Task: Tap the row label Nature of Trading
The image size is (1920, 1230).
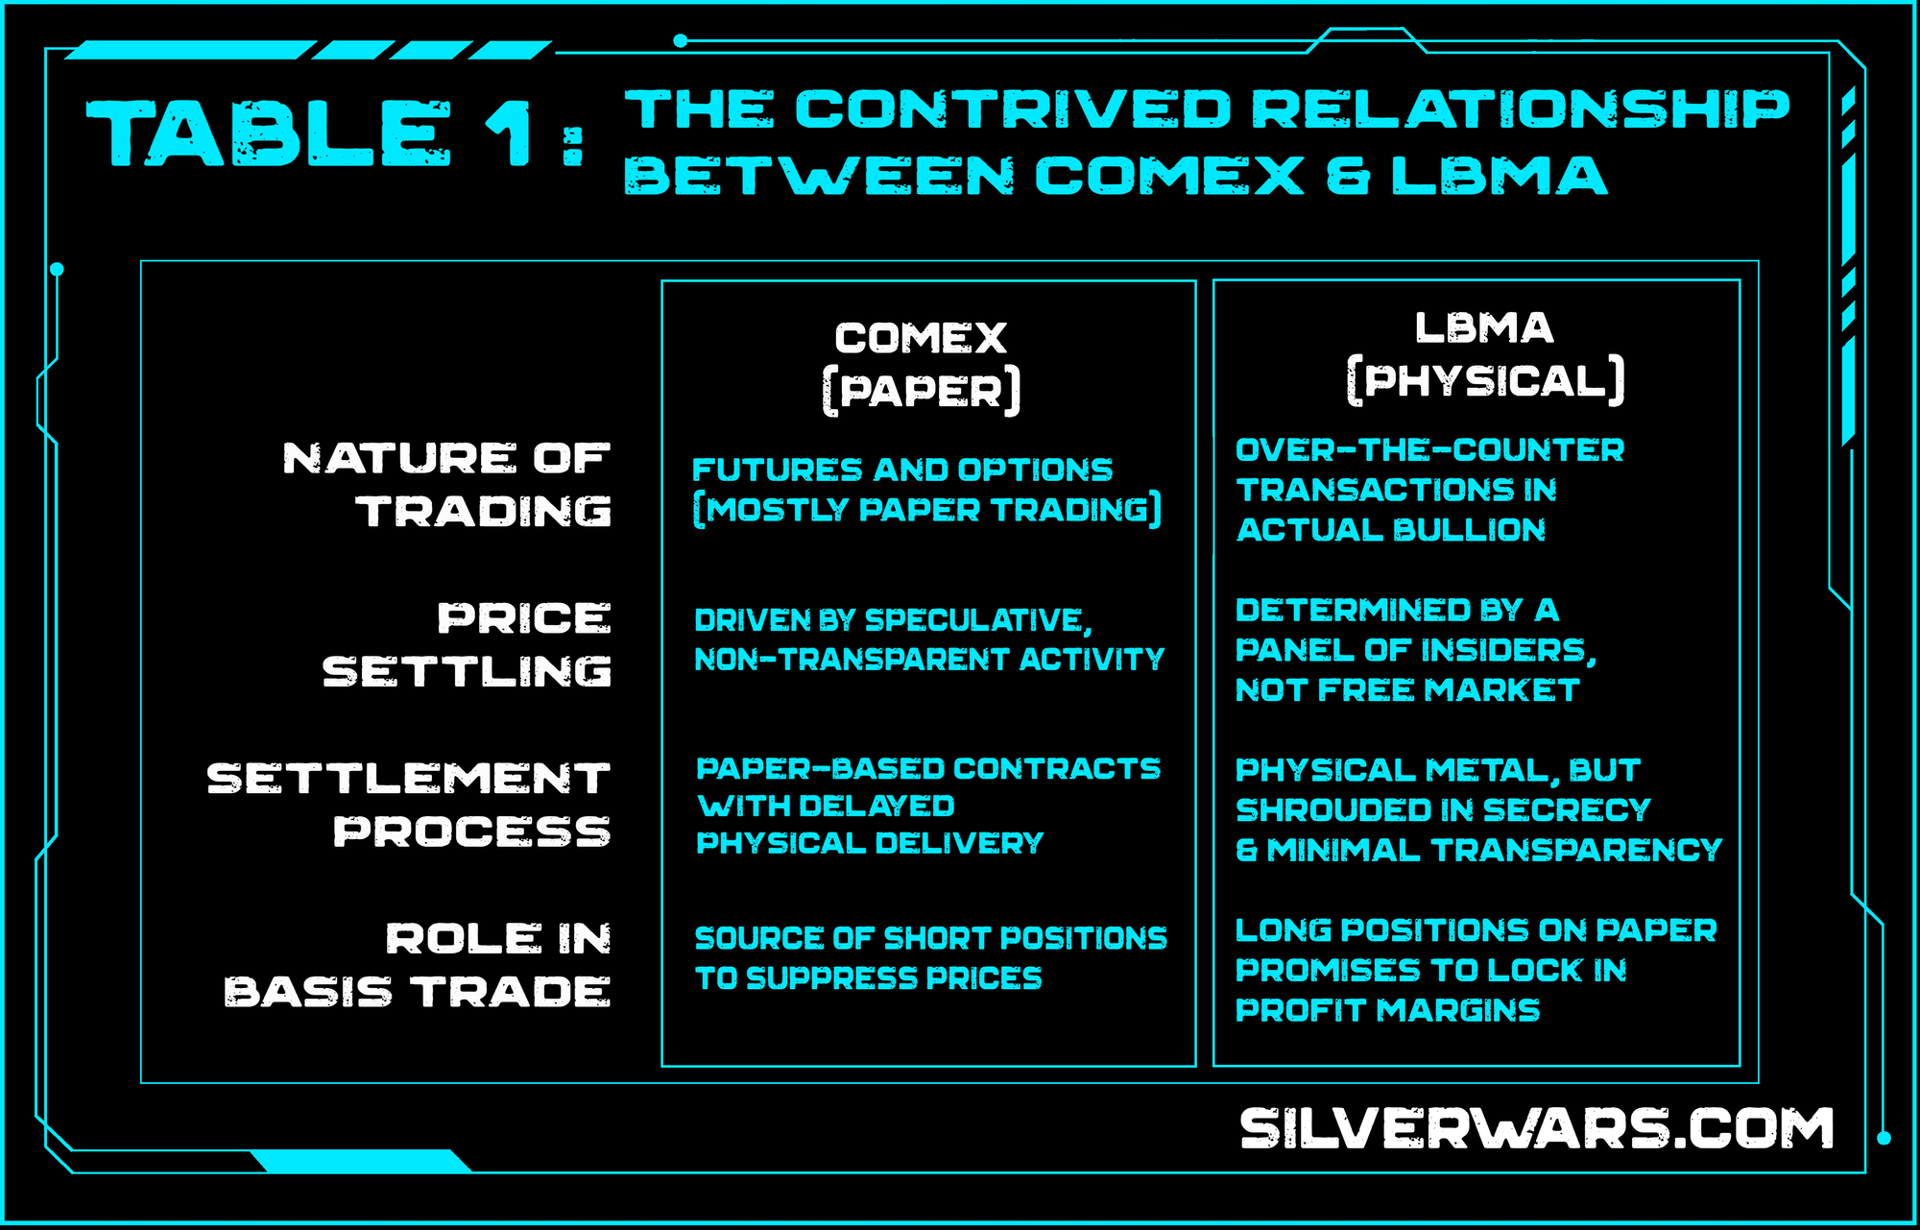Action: click(447, 485)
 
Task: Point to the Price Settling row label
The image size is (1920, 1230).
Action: click(468, 644)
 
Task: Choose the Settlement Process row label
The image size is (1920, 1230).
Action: click(410, 805)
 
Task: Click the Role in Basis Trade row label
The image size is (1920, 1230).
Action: click(419, 965)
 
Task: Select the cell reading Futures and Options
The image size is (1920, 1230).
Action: click(926, 490)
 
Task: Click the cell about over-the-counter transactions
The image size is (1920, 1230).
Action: click(1429, 490)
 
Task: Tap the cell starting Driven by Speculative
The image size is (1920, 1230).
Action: click(928, 639)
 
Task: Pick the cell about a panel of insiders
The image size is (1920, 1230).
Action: click(1415, 650)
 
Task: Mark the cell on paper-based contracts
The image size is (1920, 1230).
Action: click(927, 806)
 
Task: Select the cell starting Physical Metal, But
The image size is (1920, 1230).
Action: click(1478, 809)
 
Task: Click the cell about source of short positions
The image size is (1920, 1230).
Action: click(930, 957)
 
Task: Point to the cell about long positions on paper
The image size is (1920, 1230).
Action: click(1476, 970)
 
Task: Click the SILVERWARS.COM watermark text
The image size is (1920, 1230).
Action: click(1536, 1128)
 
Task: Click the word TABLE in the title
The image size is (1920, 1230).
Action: click(269, 133)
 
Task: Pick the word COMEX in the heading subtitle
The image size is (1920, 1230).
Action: click(1168, 176)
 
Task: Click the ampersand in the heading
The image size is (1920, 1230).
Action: click(1348, 176)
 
